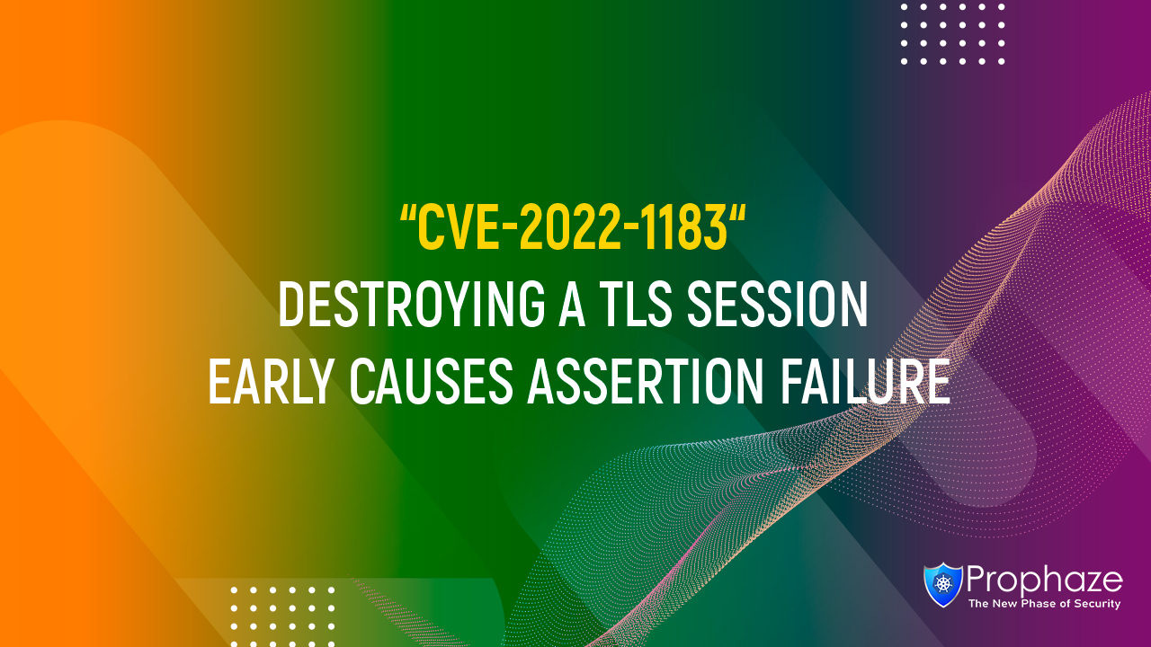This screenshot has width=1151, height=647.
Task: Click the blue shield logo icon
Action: (x=943, y=584)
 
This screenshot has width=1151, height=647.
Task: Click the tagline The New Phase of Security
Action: (x=1044, y=605)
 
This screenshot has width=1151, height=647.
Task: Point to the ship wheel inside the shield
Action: (x=943, y=584)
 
